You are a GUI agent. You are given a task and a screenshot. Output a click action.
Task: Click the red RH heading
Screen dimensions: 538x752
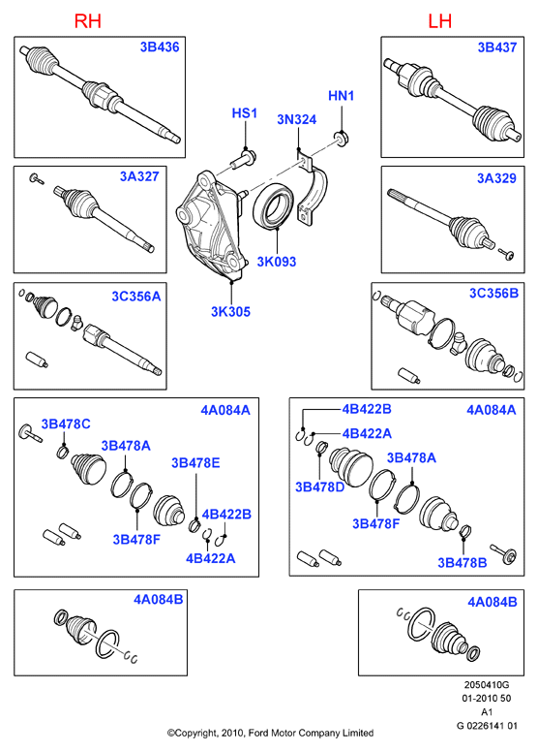click(88, 21)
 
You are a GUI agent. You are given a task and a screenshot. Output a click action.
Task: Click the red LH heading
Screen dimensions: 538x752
click(440, 21)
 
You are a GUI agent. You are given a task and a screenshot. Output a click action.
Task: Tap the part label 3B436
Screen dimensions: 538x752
click(160, 47)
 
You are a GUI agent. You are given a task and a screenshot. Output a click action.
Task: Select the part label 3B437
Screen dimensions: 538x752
click(497, 47)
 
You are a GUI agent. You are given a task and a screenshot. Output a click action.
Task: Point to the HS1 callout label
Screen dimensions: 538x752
click(245, 113)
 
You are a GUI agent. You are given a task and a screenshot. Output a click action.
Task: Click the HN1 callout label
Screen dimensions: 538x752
click(342, 96)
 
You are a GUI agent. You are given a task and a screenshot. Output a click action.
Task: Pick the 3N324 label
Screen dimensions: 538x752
click(296, 119)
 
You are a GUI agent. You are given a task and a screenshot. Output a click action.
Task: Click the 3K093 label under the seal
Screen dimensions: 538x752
click(277, 262)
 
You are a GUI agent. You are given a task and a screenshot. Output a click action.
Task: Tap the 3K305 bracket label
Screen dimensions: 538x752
click(231, 312)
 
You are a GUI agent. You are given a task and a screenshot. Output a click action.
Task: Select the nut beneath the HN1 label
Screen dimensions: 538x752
click(341, 140)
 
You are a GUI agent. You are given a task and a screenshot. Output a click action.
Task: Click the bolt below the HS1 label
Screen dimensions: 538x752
click(244, 159)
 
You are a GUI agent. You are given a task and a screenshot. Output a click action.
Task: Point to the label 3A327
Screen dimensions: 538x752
click(139, 176)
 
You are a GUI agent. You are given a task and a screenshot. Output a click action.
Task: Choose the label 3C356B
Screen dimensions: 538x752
click(493, 293)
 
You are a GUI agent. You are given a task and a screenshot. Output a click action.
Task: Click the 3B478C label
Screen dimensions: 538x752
click(66, 423)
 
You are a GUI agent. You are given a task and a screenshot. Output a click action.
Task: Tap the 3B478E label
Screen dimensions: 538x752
click(195, 463)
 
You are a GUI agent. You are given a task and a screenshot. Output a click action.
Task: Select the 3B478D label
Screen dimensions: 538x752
click(320, 487)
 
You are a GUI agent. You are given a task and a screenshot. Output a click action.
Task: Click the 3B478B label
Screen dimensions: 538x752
click(463, 563)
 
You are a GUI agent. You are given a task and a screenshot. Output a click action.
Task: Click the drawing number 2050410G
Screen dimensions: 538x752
click(487, 685)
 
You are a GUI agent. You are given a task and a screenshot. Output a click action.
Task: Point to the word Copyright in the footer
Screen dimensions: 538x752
click(195, 734)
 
